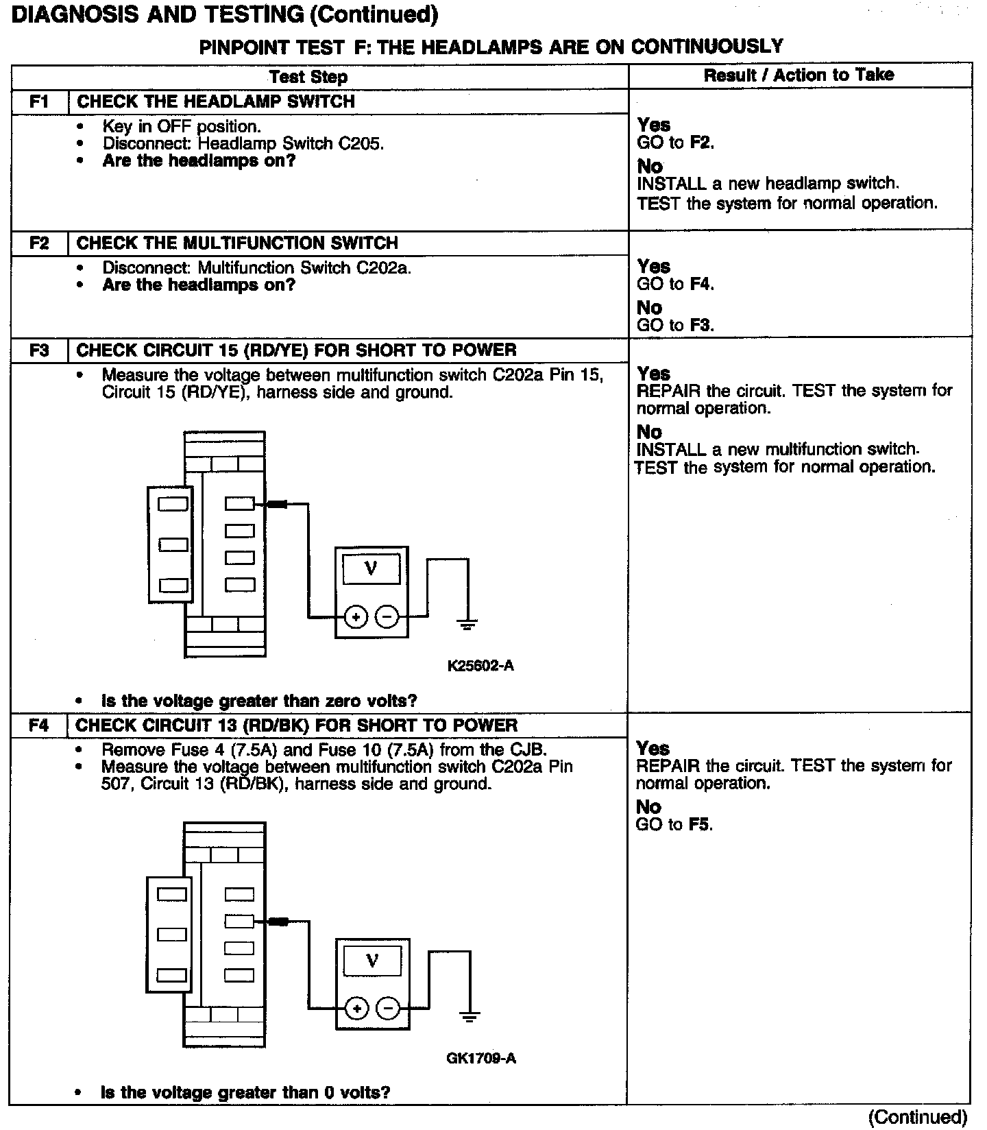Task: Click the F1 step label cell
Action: click(40, 102)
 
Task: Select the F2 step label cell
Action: click(40, 243)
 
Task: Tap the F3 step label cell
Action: click(40, 350)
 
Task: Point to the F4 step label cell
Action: click(39, 725)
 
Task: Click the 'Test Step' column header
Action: click(308, 77)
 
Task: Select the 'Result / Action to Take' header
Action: click(799, 75)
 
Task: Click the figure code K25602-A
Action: click(480, 665)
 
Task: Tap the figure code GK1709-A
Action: click(481, 1058)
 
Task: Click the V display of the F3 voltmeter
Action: click(371, 568)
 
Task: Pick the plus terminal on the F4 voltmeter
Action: click(356, 1008)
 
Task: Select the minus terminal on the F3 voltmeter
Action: click(388, 617)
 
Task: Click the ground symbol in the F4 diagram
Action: click(469, 1017)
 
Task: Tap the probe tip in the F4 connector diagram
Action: click(278, 922)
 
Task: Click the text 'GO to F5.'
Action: click(674, 824)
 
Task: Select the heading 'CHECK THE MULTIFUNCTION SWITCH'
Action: click(237, 243)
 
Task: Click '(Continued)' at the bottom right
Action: click(917, 1117)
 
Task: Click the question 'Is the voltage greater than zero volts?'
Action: click(259, 701)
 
